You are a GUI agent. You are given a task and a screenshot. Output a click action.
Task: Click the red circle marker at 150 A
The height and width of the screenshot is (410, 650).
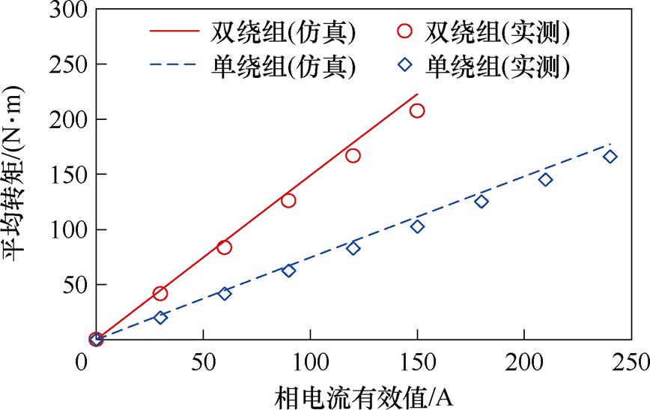pos(417,110)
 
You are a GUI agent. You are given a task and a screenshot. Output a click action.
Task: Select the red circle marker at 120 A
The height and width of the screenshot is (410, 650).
pos(353,155)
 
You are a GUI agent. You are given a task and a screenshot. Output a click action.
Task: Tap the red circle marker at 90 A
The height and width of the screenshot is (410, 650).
pos(288,200)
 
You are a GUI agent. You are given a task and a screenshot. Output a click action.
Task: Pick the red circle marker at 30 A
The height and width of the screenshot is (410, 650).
pos(160,293)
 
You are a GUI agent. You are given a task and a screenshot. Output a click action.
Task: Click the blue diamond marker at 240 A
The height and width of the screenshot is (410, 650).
pos(610,157)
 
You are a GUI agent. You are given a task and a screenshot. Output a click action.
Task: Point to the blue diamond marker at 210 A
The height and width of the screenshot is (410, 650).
pos(545,179)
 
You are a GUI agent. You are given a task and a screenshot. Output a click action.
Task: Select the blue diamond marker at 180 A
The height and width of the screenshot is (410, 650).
pos(482,201)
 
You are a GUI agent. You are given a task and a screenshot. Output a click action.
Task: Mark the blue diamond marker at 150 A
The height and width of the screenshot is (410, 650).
pos(417,226)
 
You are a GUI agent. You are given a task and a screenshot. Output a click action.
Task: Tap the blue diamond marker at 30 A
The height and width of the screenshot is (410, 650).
pos(160,317)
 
